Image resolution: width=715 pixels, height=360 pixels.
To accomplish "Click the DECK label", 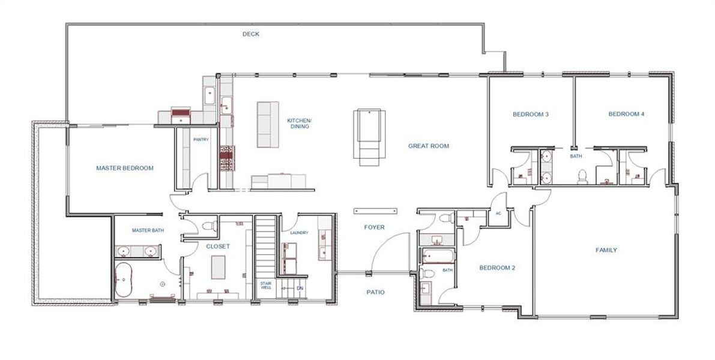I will (x=251, y=34).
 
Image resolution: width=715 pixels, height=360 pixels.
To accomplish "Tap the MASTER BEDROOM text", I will (x=125, y=169).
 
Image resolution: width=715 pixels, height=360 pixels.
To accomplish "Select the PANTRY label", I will (x=201, y=140).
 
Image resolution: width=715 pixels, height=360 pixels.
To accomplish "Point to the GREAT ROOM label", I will (x=429, y=146).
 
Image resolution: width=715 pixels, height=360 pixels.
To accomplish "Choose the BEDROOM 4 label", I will (x=626, y=114).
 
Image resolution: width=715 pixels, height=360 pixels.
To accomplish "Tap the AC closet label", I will (x=498, y=213).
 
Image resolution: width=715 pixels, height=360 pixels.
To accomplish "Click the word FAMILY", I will (x=606, y=250).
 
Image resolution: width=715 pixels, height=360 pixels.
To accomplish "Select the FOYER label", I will (x=375, y=227).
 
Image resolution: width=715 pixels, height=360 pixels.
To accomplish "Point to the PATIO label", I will (x=375, y=292).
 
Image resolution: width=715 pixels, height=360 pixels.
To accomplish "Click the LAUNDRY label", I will (x=299, y=233).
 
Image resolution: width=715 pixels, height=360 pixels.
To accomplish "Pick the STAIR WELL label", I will (x=265, y=286).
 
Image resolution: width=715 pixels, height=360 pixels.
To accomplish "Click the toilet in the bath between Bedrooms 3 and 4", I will (x=581, y=176).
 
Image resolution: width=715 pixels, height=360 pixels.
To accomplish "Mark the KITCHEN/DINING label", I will (x=300, y=124).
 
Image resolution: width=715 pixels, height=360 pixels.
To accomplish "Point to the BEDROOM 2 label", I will (x=496, y=268).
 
